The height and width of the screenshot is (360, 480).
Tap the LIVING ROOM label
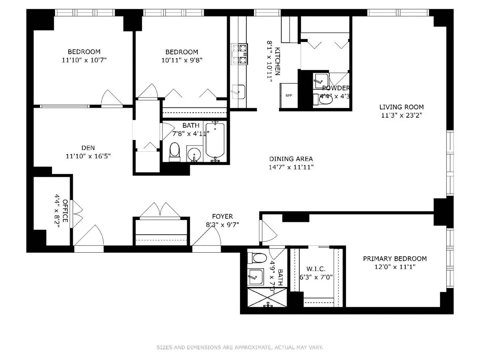pyautogui.click(x=401, y=107)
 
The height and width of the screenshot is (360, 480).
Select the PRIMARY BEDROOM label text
pyautogui.click(x=394, y=258)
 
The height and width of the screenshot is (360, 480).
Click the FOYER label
pyautogui.click(x=223, y=216)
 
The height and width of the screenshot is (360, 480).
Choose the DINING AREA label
pyautogui.click(x=291, y=159)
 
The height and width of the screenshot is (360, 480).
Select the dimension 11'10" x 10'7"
pyautogui.click(x=84, y=60)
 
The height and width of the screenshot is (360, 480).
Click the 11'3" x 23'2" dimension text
pyautogui.click(x=401, y=115)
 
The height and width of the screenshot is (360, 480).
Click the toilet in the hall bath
pyautogui.click(x=174, y=152)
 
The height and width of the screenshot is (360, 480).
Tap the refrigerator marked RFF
pyautogui.click(x=289, y=96)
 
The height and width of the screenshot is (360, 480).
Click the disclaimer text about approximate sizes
pyautogui.click(x=240, y=348)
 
